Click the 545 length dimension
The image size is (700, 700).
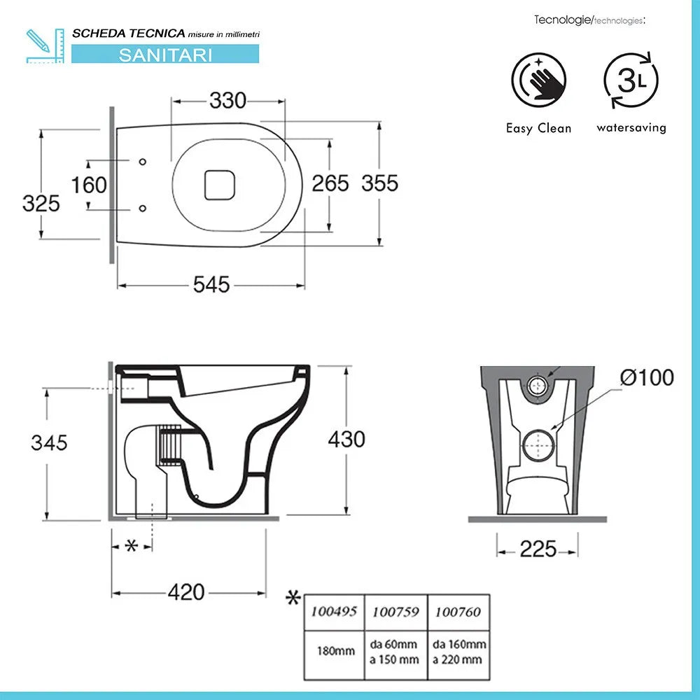click(x=211, y=285)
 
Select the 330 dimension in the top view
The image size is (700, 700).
click(x=228, y=101)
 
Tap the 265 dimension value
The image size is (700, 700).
click(x=330, y=183)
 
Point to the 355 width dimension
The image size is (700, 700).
click(x=380, y=183)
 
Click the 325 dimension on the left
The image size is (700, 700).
click(x=41, y=204)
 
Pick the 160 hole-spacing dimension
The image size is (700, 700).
click(x=90, y=185)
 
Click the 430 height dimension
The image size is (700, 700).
click(x=347, y=439)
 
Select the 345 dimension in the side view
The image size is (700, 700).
click(x=49, y=442)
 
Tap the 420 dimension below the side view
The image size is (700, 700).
click(x=187, y=592)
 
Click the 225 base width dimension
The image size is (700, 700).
click(x=538, y=549)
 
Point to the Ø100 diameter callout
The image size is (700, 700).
click(x=647, y=378)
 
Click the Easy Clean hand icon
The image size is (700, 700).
click(x=538, y=80)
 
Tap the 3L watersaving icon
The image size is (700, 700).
click(x=631, y=80)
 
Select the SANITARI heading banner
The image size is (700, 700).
click(x=165, y=55)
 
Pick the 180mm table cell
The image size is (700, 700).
click(x=334, y=651)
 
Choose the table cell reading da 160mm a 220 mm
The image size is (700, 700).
click(x=458, y=651)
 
